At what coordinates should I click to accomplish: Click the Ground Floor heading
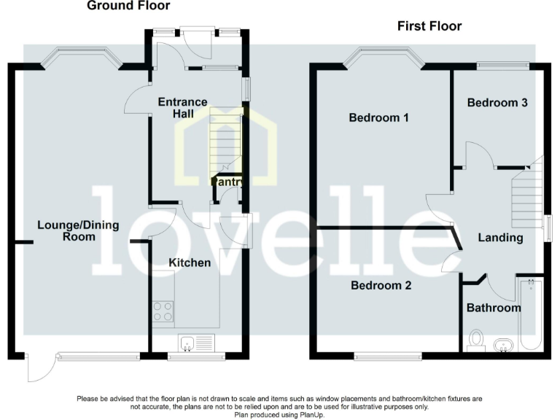[x=128, y=6]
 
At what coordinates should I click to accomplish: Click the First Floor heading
[x=429, y=26]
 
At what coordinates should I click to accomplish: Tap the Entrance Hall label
[x=182, y=108]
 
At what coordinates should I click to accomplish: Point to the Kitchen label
[x=190, y=262]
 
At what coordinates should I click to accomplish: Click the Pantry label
[x=227, y=182]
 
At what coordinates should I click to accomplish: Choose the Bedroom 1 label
[x=378, y=117]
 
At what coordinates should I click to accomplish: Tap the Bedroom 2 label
[x=381, y=286]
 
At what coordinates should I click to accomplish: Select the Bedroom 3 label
[x=497, y=103]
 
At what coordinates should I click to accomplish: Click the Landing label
[x=500, y=238]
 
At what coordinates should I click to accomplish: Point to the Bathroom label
[x=494, y=308]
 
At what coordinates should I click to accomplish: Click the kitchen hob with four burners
[x=163, y=311]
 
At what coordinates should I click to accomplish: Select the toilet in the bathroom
[x=477, y=340]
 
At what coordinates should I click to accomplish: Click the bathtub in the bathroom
[x=529, y=315]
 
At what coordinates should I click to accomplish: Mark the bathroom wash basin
[x=503, y=343]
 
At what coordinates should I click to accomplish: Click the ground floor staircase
[x=225, y=139]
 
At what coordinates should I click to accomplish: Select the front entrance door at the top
[x=195, y=36]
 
